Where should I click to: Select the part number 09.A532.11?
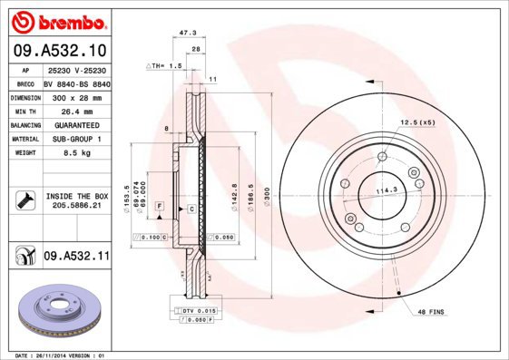pos(76,258)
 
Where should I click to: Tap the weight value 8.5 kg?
pos(75,153)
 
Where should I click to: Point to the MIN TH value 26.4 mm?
pos(75,110)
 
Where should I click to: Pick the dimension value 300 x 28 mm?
pos(75,96)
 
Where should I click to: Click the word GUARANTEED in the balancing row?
pos(75,124)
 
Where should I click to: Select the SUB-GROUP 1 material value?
pos(75,139)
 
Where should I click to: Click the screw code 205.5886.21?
pos(75,206)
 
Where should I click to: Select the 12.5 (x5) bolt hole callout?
pos(418,122)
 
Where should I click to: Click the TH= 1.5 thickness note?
pos(164,66)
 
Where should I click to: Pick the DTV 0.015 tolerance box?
pos(194,311)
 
